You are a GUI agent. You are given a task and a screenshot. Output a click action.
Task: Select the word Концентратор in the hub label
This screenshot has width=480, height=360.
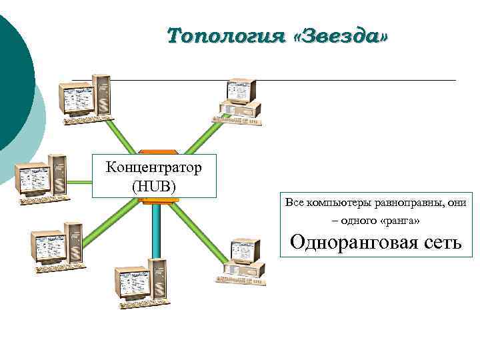[154, 166]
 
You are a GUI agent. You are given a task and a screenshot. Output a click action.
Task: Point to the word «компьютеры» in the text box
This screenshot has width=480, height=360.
[339, 202]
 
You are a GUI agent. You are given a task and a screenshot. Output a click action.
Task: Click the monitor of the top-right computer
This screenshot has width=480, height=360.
[239, 92]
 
